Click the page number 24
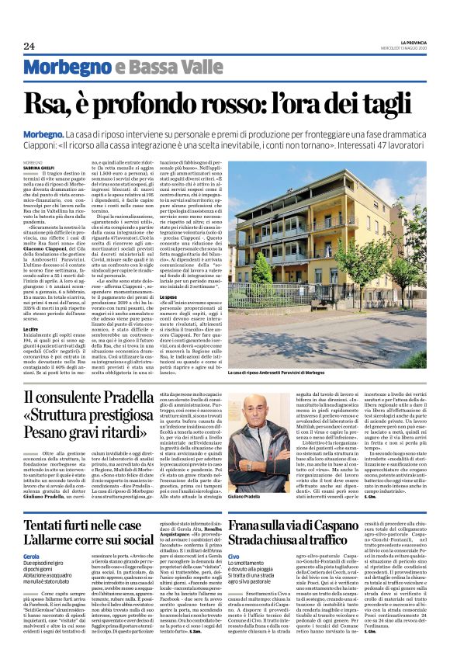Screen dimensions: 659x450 29,46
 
